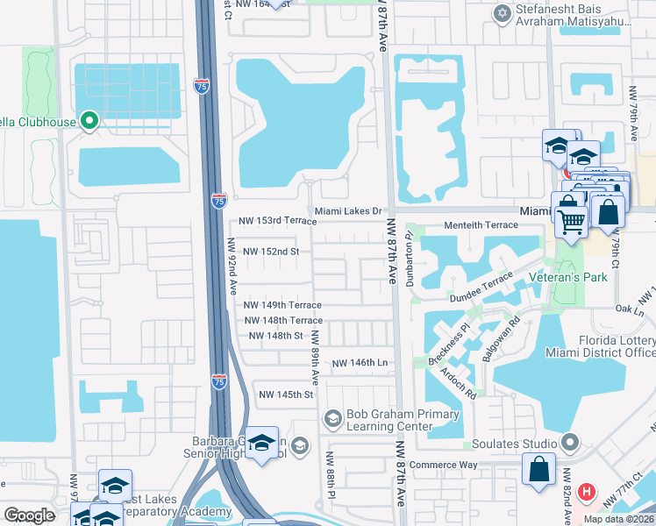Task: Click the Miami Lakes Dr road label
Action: pyautogui.click(x=349, y=211)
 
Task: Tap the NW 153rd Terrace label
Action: pyautogui.click(x=277, y=221)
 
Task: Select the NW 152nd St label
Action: pyautogui.click(x=271, y=252)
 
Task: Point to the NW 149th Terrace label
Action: pyautogui.click(x=282, y=305)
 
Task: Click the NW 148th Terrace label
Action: pyautogui.click(x=283, y=321)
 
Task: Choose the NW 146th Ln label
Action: pyautogui.click(x=360, y=362)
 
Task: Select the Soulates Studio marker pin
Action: pyautogui.click(x=572, y=443)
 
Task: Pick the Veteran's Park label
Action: pyautogui.click(x=568, y=277)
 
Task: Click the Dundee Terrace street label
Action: pyautogui.click(x=481, y=299)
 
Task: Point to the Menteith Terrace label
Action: pyautogui.click(x=483, y=225)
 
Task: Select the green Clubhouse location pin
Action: pyautogui.click(x=89, y=121)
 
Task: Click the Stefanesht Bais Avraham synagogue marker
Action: pyautogui.click(x=502, y=13)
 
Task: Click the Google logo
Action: pyautogui.click(x=29, y=515)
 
